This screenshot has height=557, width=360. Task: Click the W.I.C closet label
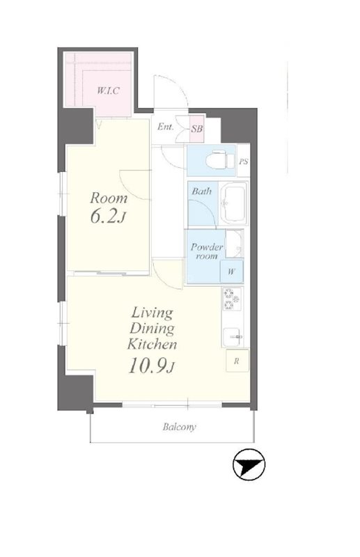pos(108,91)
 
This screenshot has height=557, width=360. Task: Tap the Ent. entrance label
pos(166,127)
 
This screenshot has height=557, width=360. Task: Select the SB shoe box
pos(197,129)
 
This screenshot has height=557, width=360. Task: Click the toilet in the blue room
pos(220,161)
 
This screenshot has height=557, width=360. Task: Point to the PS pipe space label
pos(244,162)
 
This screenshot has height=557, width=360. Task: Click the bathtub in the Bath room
pos(233,203)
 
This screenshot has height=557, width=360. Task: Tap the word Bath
pos(202,191)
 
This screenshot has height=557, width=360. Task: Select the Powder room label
pos(207,251)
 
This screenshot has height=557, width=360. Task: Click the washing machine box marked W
pos(232,272)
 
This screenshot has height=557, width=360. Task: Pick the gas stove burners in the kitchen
pos(232,299)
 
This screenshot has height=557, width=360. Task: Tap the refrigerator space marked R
pos(237,361)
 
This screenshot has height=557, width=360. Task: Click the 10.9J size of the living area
pos(152,366)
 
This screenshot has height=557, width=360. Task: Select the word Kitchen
pos(152,345)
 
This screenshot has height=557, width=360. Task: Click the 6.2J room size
pos(108,217)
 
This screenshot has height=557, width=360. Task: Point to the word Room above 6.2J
pos(109,198)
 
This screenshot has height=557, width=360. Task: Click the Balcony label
pos(180,427)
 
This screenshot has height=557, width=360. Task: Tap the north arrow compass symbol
pos(249,464)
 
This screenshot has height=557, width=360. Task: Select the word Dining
pos(152,329)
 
